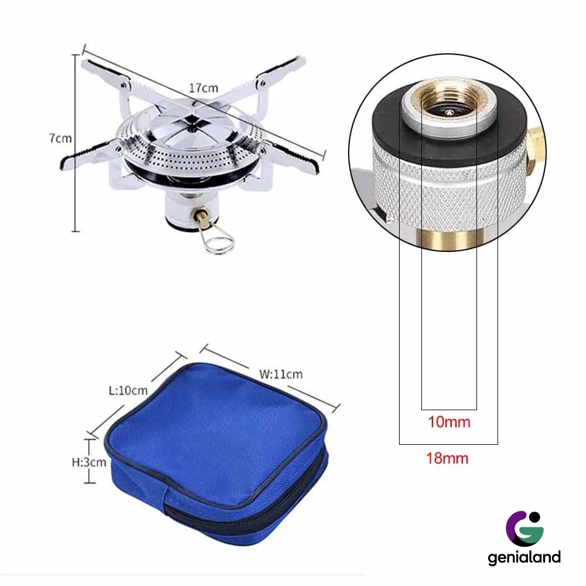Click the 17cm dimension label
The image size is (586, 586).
click(203, 88)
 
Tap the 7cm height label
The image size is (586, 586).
click(60, 138)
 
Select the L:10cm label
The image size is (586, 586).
click(128, 390)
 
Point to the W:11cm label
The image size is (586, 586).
click(281, 374)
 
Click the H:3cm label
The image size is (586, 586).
click(89, 462)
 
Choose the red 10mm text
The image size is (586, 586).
click(449, 422)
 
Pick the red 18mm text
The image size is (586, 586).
click(447, 458)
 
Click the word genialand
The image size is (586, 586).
click(524, 558)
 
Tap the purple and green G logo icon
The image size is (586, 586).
click(524, 529)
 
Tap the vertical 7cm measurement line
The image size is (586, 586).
click(76, 143)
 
